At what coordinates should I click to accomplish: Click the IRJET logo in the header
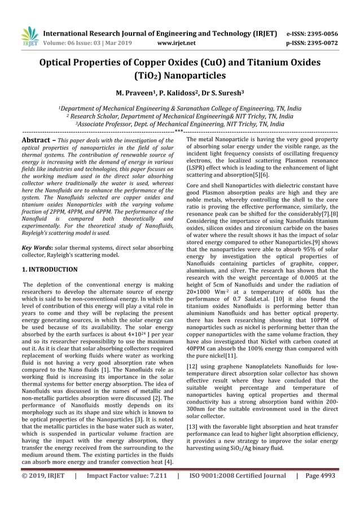coord(29,36)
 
